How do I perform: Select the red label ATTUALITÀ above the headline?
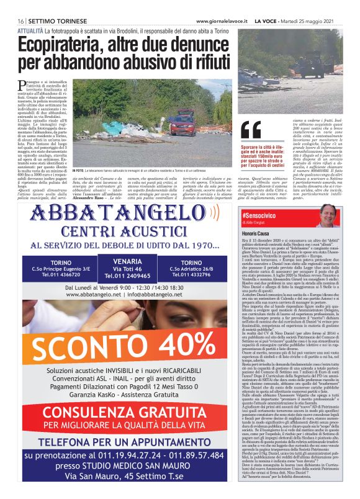(x=30, y=29)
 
